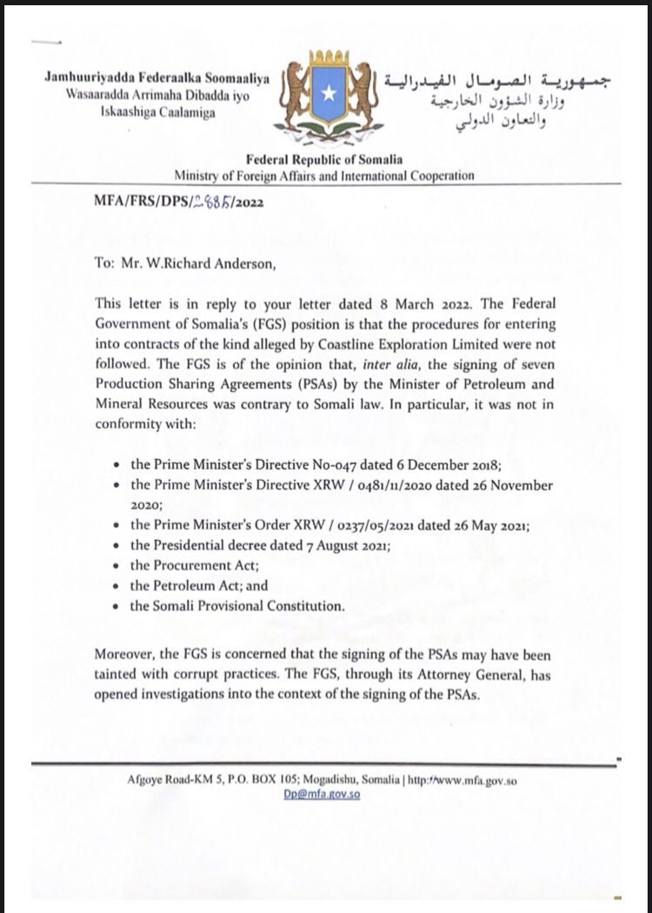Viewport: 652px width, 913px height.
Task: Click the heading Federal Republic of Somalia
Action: [324, 159]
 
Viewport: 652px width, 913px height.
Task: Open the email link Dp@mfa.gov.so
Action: [322, 794]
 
